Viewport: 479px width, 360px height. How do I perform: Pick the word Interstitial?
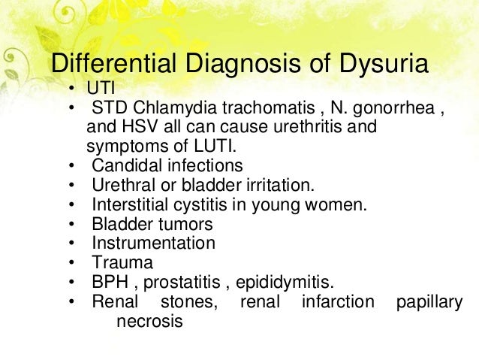click(130, 204)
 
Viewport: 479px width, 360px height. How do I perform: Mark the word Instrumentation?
click(153, 244)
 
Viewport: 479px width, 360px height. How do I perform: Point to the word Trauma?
click(122, 264)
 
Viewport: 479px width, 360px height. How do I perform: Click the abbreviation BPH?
click(110, 283)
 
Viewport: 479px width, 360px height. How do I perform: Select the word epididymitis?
click(284, 283)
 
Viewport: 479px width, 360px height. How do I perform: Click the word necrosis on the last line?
click(149, 322)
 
